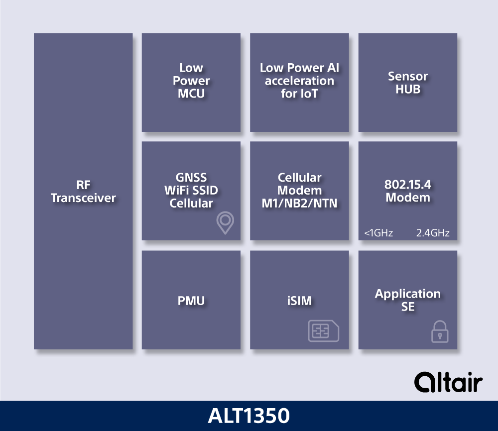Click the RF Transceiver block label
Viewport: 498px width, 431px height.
pyautogui.click(x=83, y=192)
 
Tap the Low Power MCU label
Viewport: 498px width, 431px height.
pyautogui.click(x=191, y=81)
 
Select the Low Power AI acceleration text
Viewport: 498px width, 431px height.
pyautogui.click(x=299, y=81)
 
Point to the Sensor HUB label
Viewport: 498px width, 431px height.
pyautogui.click(x=408, y=83)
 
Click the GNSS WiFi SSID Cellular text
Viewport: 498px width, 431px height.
pyautogui.click(x=191, y=191)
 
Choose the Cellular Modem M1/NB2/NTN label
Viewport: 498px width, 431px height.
pyautogui.click(x=299, y=191)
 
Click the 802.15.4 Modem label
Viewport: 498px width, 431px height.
pyautogui.click(x=408, y=191)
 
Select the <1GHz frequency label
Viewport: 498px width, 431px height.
pyautogui.click(x=378, y=233)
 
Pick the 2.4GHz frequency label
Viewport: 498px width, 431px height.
pyautogui.click(x=433, y=233)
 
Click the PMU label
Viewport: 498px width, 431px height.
pyautogui.click(x=191, y=301)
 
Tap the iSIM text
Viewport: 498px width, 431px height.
pyautogui.click(x=299, y=301)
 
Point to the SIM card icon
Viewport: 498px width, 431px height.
pyautogui.click(x=324, y=330)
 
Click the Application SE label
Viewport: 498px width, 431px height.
pyautogui.click(x=408, y=300)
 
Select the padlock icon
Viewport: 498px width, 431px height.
pyautogui.click(x=440, y=332)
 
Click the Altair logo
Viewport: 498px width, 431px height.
pyautogui.click(x=448, y=383)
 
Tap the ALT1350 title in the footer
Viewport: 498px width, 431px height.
pyautogui.click(x=249, y=416)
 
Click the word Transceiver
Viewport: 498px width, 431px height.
pyautogui.click(x=83, y=198)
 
